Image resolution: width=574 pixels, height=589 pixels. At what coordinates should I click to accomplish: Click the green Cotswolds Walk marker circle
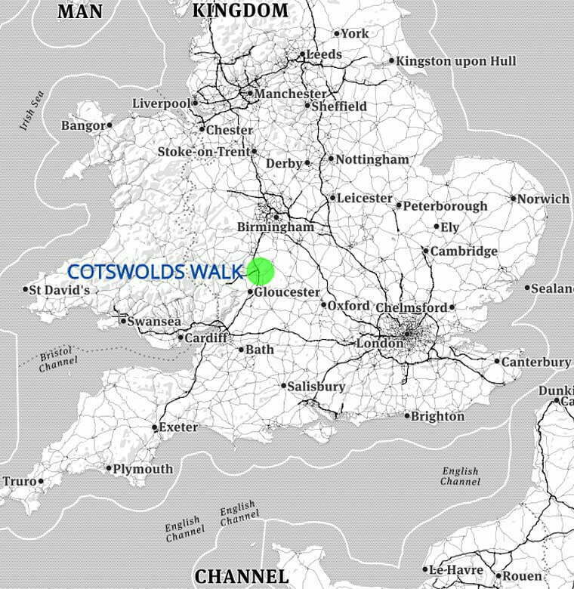259,271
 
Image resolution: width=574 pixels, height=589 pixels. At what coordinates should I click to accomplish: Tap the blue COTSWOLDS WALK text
155,272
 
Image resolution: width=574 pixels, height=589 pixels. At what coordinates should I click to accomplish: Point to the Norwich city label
544,199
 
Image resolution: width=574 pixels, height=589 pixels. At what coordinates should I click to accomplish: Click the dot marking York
337,33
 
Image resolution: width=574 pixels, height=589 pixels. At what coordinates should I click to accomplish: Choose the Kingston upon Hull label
456,60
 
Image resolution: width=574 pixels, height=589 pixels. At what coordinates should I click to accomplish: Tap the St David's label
61,290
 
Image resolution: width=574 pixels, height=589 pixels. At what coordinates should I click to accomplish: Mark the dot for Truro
40,481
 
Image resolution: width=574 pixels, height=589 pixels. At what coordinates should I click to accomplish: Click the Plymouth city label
143,469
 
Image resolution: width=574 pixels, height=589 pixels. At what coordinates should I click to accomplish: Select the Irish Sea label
32,111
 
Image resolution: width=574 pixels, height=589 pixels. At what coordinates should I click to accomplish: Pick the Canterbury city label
536,362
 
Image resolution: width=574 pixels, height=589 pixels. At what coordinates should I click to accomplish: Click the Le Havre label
455,570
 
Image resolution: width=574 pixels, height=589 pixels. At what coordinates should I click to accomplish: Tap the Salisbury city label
318,387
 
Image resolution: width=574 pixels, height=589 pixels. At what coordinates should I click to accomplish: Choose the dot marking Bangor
110,125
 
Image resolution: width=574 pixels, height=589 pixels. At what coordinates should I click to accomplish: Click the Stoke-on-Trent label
203,152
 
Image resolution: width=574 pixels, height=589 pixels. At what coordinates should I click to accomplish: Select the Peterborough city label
446,205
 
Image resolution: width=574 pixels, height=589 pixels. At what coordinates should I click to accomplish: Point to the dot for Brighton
407,416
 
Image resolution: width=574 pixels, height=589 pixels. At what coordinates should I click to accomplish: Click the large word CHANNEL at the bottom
241,577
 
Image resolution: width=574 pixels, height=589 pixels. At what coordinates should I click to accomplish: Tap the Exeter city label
179,427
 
